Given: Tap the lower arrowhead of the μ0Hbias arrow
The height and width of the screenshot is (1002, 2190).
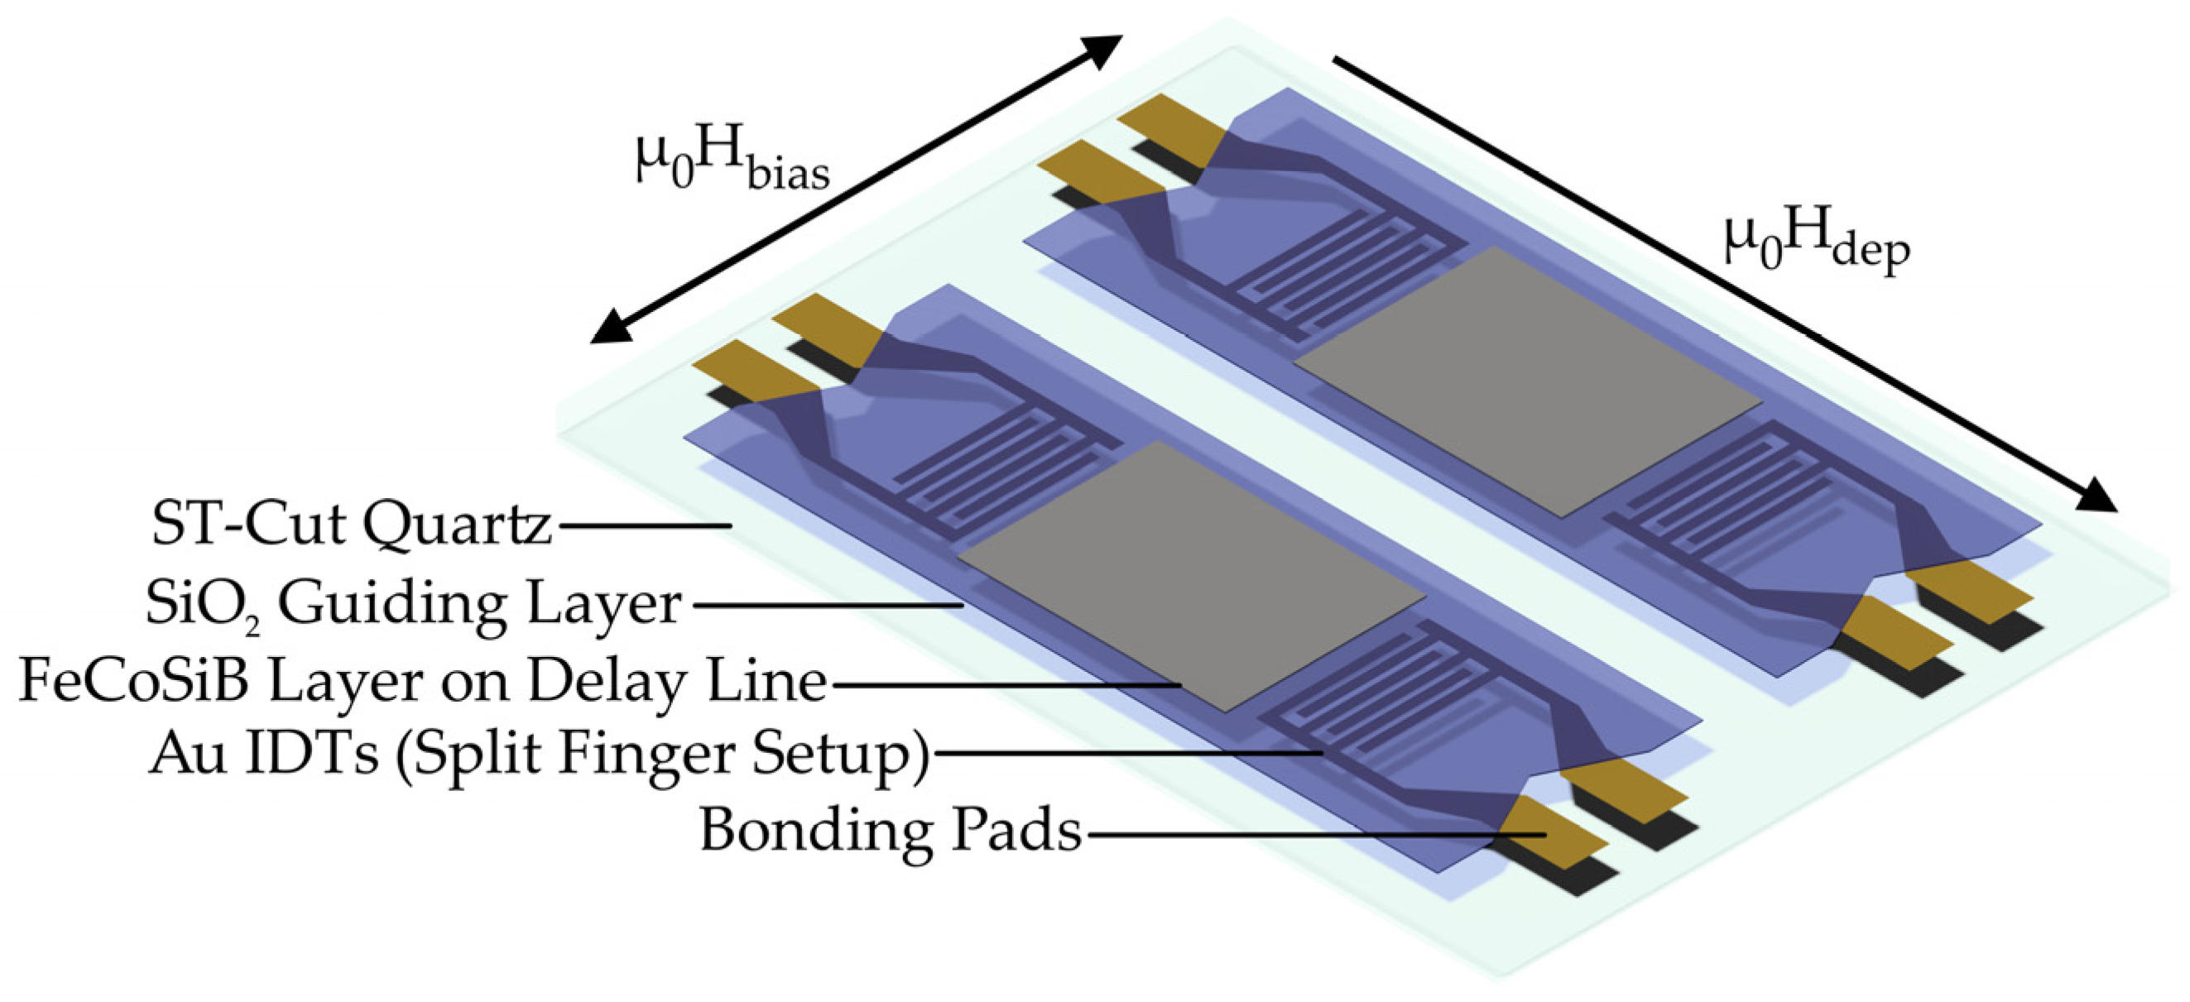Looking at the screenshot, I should pos(612,327).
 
